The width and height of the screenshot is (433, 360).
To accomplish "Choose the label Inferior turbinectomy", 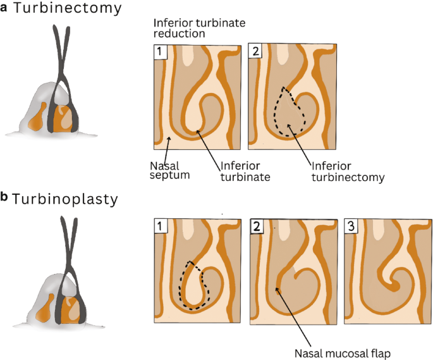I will point(346,171).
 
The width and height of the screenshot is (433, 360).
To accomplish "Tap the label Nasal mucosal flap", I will point(341,352).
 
